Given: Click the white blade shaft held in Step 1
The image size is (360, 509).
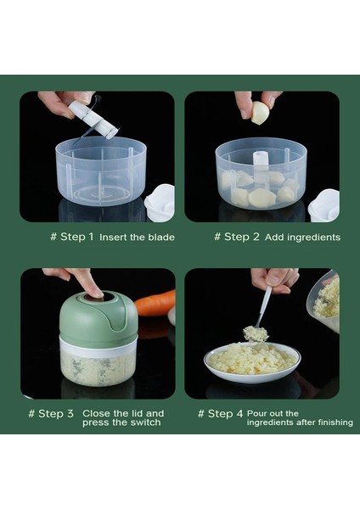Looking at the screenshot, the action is tap(93, 120).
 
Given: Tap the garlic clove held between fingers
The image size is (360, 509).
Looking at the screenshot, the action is tap(260, 113).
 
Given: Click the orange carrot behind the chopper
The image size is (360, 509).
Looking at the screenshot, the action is tap(155, 304).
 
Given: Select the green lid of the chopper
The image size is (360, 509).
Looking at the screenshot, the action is tap(98, 319).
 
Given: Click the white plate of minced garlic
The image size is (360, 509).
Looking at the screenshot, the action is tap(252, 362).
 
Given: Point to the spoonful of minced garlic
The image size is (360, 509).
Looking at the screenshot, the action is tap(256, 333).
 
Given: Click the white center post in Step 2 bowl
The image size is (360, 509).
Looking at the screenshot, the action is tap(261, 165).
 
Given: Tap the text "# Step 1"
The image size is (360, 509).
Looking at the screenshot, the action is tap(72, 237).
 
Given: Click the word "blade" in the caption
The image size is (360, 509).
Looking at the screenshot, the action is tap(161, 238).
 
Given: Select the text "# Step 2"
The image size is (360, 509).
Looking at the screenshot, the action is tap(237, 237).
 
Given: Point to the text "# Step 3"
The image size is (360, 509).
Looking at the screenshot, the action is tap(51, 414).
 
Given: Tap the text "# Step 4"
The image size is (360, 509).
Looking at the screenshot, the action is tap(220, 414).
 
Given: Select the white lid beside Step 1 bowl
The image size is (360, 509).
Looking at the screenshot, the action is tap(160, 203).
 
